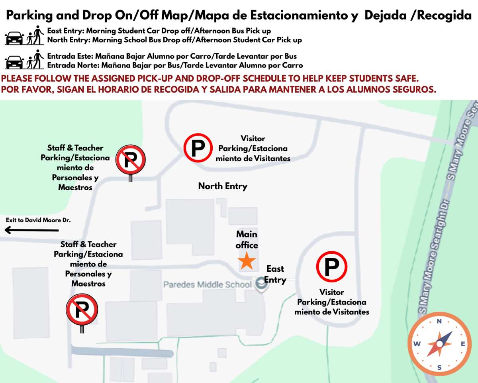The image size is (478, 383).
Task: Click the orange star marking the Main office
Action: [x=247, y=261]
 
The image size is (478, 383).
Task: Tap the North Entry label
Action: [x=223, y=186]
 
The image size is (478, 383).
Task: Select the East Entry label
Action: [x=275, y=274]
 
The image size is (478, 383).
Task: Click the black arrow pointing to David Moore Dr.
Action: [x=31, y=230]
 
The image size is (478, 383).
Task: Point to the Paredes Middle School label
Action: [x=207, y=284]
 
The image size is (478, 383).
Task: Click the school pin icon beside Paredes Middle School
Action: [x=261, y=284]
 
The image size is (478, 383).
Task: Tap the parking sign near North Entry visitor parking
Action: [x=197, y=148]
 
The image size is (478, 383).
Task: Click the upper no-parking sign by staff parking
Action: [x=130, y=160]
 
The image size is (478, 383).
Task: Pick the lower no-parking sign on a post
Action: [x=82, y=310]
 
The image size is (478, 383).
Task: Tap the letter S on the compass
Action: [x=439, y=367]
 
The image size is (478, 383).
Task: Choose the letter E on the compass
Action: [x=463, y=344]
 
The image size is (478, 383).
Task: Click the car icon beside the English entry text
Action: [x=14, y=38]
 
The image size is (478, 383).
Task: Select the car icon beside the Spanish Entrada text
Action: [x=14, y=62]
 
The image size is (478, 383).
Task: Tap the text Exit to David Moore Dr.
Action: [x=38, y=220]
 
